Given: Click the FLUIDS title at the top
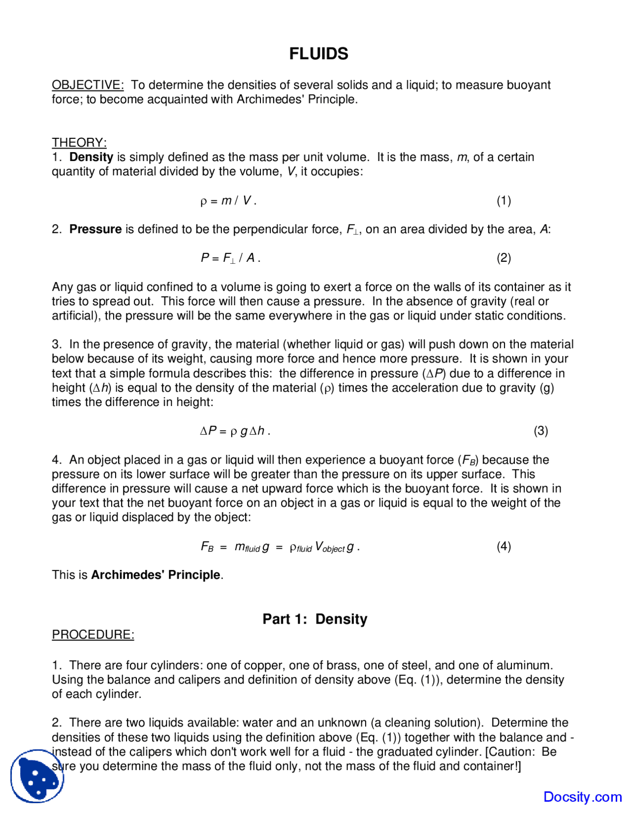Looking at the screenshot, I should click(318, 54).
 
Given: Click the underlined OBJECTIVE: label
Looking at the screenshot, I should click(88, 85).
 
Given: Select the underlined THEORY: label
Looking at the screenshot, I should click(79, 142).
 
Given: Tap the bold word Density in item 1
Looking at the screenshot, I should click(91, 157).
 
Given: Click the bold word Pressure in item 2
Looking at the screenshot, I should click(95, 229).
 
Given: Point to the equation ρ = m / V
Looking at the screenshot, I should click(228, 200).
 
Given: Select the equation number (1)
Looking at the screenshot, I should click(504, 200).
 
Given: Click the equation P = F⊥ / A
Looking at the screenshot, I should click(230, 258).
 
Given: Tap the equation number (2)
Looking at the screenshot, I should click(504, 258).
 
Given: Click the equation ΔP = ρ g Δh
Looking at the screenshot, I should click(235, 431).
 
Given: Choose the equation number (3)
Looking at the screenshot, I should click(541, 431).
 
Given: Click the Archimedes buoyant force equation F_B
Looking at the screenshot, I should click(280, 547).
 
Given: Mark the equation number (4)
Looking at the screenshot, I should click(504, 546).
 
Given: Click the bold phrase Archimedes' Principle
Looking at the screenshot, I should click(156, 575).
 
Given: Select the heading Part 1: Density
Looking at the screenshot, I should click(315, 619).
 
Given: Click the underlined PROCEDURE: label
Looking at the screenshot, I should click(93, 634).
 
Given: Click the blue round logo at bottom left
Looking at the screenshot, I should click(37, 776).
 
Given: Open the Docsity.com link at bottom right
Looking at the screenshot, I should click(582, 797).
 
